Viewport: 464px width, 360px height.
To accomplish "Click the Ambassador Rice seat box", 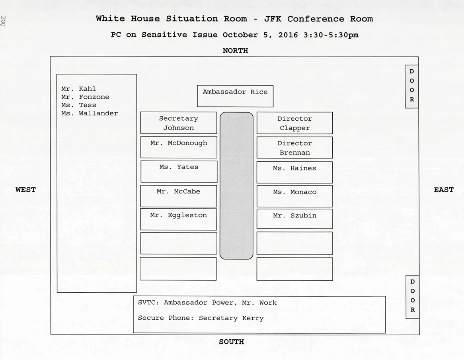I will click(x=235, y=96).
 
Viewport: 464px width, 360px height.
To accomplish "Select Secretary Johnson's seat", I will click(x=179, y=123).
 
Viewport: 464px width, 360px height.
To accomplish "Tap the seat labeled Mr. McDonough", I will click(x=179, y=147).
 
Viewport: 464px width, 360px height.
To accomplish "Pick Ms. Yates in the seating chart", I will click(x=179, y=171).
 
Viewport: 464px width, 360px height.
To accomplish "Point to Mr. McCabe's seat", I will click(x=179, y=196).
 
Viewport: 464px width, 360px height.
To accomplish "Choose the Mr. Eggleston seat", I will click(x=179, y=219).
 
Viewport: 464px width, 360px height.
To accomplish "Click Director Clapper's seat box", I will click(x=294, y=123).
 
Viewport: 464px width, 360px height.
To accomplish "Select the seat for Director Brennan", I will click(x=294, y=147).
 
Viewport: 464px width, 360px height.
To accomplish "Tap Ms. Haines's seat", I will click(x=294, y=172).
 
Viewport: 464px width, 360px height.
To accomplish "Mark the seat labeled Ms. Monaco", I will click(x=294, y=196).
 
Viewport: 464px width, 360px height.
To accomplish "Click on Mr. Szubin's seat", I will click(x=294, y=219).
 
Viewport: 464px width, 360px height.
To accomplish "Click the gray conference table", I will click(x=236, y=186).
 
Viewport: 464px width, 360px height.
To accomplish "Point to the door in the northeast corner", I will click(x=411, y=86).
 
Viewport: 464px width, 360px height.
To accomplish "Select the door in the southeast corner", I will click(x=412, y=297).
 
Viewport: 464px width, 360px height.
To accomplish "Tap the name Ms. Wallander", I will click(x=90, y=113).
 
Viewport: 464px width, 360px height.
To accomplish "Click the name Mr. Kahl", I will click(x=78, y=89).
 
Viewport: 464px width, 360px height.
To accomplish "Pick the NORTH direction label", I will click(x=235, y=51).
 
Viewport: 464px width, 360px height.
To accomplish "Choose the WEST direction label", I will click(x=25, y=190).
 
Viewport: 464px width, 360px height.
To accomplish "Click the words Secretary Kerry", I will click(x=231, y=318).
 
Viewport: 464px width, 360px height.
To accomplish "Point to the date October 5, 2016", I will click(x=260, y=35).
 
